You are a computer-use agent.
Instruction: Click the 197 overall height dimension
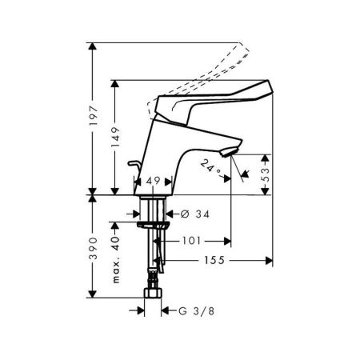tap(94, 116)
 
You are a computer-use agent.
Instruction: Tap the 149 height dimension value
tap(115, 138)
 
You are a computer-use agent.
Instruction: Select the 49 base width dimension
tap(153, 181)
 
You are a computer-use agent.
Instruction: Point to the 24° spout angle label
tap(211, 166)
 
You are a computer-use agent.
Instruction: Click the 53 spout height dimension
tap(266, 174)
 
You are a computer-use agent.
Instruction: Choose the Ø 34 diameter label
tap(195, 214)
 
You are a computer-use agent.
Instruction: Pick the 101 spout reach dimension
tap(191, 241)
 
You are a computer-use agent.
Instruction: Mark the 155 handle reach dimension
tap(214, 261)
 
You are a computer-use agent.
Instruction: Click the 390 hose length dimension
tap(93, 248)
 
